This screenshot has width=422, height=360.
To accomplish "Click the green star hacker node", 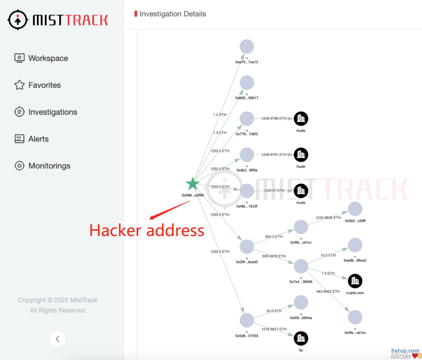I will tap(193, 184).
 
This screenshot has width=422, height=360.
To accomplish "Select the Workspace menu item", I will tap(48, 58).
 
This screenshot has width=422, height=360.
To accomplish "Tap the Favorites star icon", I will tap(20, 85).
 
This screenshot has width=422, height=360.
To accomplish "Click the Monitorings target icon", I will tap(20, 166).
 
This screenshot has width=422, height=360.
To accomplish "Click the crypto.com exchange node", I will tap(355, 281).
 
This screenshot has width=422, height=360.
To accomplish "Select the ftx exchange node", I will tap(301, 339).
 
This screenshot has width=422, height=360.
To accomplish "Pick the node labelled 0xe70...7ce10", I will tap(247, 47).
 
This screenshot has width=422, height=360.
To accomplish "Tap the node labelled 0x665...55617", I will tap(247, 83).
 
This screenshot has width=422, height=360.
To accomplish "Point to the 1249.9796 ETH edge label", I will tap(274, 118).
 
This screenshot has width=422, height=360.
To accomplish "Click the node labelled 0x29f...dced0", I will tap(247, 247).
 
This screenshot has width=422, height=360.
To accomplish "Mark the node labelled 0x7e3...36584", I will tap(301, 267).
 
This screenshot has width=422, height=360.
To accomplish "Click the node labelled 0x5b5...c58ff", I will tap(355, 209).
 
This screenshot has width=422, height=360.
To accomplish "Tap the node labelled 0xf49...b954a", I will tap(301, 303).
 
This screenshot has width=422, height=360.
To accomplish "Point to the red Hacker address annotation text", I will tap(147, 230).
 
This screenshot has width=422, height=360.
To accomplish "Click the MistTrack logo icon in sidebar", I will tap(18, 20).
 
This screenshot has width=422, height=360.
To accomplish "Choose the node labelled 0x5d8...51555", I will tap(247, 321).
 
